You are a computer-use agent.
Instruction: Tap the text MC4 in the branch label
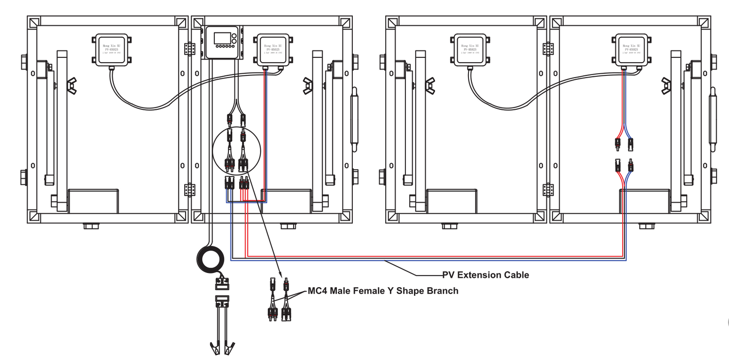click(x=317, y=291)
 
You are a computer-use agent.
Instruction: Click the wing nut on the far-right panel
click(x=666, y=86)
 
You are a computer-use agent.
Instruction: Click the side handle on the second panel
click(x=355, y=116)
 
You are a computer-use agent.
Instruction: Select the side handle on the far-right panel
click(x=713, y=116)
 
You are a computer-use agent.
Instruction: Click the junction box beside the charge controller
click(x=273, y=49)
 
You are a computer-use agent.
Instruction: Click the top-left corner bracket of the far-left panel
click(x=34, y=23)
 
